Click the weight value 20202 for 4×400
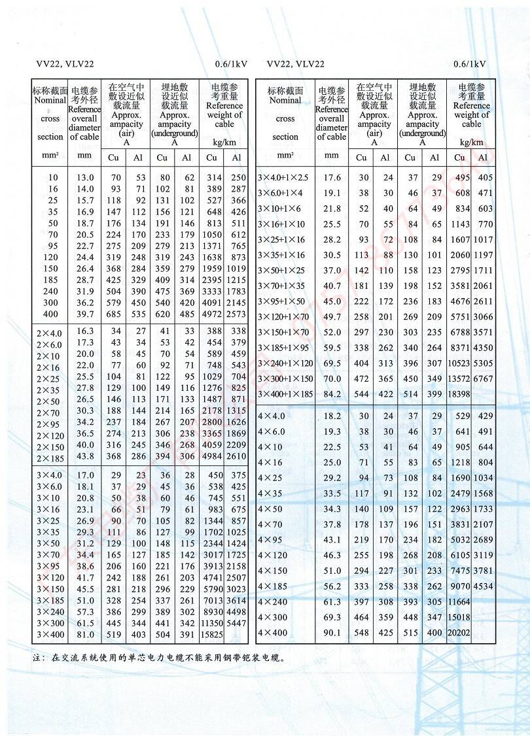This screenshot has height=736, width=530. pyautogui.click(x=459, y=633)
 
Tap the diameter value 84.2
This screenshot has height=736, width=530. pyautogui.click(x=332, y=395)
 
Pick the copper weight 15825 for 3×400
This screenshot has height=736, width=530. pyautogui.click(x=212, y=634)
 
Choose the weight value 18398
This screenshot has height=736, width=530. pyautogui.click(x=459, y=395)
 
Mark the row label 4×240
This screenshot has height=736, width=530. pyautogui.click(x=272, y=601)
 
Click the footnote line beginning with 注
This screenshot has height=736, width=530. pyautogui.click(x=160, y=658)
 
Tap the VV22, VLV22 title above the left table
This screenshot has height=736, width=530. pyautogui.click(x=65, y=64)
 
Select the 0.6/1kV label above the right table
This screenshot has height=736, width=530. pyautogui.click(x=469, y=64)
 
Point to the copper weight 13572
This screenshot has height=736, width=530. pyautogui.click(x=459, y=378)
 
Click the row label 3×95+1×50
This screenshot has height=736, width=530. pyautogui.click(x=281, y=301)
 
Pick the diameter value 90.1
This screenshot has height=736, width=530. pyautogui.click(x=332, y=633)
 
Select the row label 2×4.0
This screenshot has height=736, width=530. pyautogui.click(x=50, y=332)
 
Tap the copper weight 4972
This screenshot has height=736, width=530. pyautogui.click(x=212, y=315)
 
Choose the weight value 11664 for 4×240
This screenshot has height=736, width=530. pyautogui.click(x=459, y=601)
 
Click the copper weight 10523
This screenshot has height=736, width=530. pyautogui.click(x=459, y=363)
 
